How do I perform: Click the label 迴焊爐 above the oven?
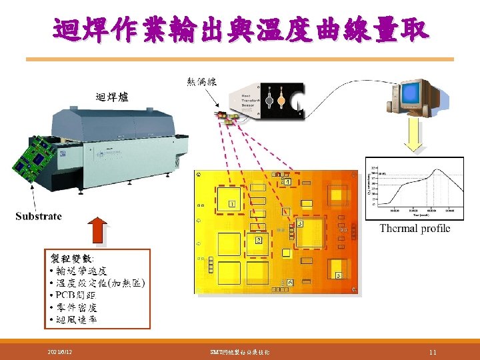[111, 98]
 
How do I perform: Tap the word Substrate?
[39, 216]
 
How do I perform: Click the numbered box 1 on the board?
[231, 203]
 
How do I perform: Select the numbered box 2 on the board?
[259, 239]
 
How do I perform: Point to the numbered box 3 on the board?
[300, 224]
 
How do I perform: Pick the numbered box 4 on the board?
[287, 181]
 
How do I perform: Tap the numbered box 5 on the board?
[338, 275]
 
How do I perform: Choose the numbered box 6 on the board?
[290, 283]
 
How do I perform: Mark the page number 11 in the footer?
[433, 351]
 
